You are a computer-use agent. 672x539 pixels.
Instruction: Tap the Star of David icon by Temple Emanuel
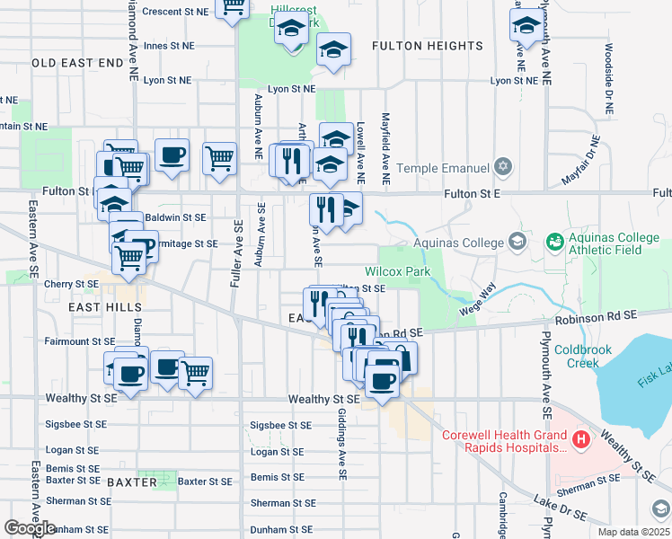[503, 167]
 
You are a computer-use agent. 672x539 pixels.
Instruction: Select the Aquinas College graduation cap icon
[517, 241]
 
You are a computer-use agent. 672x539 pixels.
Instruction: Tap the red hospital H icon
[582, 440]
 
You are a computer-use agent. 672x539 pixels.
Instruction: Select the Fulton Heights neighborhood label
[427, 46]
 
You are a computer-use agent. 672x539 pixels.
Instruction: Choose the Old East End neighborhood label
[76, 63]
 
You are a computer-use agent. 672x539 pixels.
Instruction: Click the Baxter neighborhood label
[132, 482]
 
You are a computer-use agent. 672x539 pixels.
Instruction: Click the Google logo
[29, 527]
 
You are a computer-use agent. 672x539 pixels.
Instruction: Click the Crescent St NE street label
[175, 12]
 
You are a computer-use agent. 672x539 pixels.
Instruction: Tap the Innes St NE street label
[169, 45]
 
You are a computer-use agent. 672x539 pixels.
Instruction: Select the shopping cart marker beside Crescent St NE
[234, 9]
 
